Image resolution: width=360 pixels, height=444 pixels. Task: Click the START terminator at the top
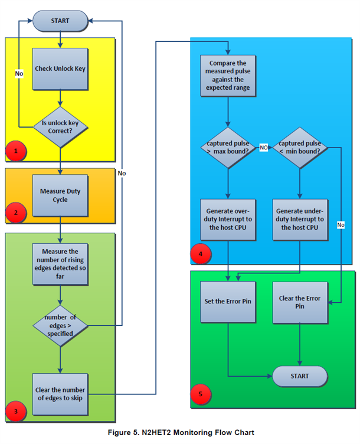[x=60, y=21]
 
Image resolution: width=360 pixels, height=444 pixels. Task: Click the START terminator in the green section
[x=300, y=376]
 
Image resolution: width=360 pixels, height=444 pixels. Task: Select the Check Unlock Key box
[x=60, y=68]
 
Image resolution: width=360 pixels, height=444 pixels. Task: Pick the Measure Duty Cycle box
[x=60, y=195]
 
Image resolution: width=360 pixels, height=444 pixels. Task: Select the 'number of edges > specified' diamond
[x=60, y=325]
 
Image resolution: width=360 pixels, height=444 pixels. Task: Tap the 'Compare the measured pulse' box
[x=228, y=75]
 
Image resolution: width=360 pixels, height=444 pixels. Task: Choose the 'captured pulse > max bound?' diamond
[x=228, y=147]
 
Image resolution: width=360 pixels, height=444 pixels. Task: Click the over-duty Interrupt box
[x=228, y=219]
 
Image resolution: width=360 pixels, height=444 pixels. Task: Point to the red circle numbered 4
[x=201, y=255]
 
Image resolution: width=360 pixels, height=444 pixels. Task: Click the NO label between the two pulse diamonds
[x=264, y=146]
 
